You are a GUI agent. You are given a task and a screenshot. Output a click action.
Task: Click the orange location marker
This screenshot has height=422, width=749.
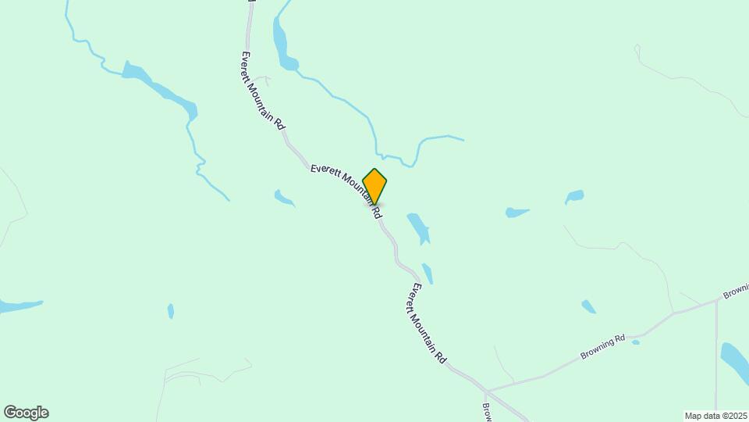click(374, 186)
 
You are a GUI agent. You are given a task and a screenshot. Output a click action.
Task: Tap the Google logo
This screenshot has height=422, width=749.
click(26, 413)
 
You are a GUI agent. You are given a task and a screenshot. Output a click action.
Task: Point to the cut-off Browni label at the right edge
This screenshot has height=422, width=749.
click(735, 292)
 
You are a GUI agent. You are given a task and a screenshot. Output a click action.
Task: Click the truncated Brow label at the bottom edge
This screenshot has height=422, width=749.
click(486, 411)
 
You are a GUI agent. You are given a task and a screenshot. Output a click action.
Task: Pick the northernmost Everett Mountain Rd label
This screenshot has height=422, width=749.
click(263, 90)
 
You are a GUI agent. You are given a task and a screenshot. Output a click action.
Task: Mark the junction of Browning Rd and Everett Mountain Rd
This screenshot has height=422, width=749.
click(486, 389)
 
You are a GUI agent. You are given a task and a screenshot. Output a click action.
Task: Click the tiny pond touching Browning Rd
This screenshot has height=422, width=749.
click(636, 342)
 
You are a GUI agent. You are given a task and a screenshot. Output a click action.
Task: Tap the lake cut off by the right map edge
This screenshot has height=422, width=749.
click(735, 359)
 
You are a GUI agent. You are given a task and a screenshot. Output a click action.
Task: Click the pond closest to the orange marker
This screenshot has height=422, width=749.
click(418, 226)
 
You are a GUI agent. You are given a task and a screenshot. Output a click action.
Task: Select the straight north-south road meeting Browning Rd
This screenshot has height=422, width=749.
click(715, 352)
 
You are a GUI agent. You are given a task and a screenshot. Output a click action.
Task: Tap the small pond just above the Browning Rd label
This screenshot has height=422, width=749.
click(588, 306)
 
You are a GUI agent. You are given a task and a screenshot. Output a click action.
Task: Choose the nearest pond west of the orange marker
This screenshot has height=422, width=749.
click(283, 198)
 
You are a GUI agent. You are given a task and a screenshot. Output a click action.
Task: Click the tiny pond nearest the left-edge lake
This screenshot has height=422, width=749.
click(171, 311)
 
